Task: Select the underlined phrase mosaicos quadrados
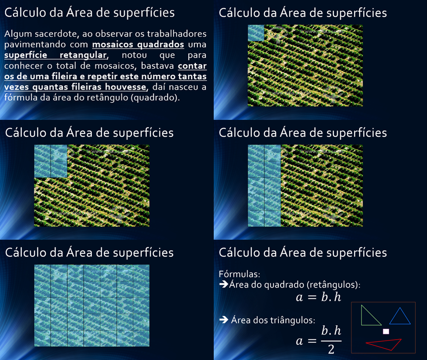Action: [x=138, y=44]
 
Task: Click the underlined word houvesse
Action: [x=126, y=87]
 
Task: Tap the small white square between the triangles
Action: [x=386, y=332]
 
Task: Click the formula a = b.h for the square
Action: [x=319, y=297]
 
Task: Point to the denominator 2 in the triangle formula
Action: [x=331, y=349]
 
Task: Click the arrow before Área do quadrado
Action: [x=224, y=284]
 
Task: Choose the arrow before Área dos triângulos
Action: [x=224, y=319]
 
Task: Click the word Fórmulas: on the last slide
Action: [x=239, y=274]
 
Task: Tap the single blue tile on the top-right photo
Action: [x=256, y=33]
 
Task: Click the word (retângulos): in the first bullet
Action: [x=333, y=285]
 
